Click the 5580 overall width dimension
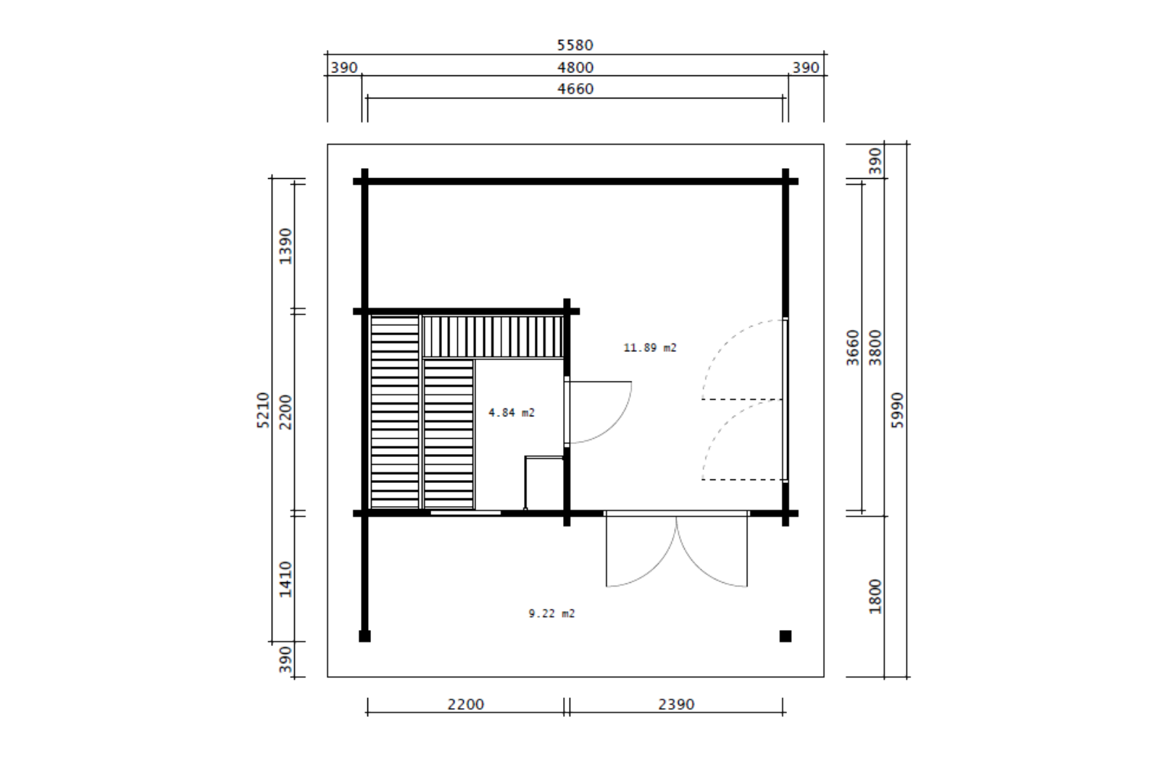575,45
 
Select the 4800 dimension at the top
575,67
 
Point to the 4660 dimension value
575,89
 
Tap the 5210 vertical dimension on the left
263,410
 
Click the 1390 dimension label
286,246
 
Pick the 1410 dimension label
286,579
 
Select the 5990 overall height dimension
897,410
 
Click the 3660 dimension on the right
853,348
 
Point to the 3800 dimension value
875,348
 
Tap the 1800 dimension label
875,596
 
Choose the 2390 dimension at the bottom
676,705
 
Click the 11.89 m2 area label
650,348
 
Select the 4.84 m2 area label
512,413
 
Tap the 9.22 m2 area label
552,613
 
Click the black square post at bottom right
785,636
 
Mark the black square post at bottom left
365,636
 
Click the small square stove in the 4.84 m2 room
544,482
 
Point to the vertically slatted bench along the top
493,336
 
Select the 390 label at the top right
806,67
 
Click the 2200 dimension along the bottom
465,705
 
